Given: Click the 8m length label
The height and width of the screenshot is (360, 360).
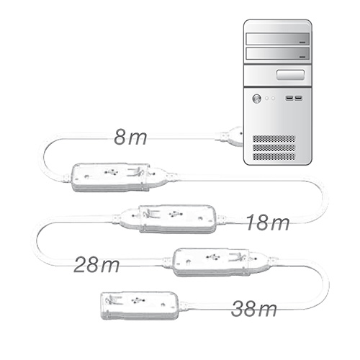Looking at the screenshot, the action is tap(130, 137).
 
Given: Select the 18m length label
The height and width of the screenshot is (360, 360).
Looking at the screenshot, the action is tap(268, 222).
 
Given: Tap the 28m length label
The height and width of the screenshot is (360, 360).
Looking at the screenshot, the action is tap(96, 265).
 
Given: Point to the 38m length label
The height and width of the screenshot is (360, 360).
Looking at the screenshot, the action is tap(253, 308).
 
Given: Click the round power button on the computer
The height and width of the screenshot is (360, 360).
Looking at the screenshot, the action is tap(257, 99).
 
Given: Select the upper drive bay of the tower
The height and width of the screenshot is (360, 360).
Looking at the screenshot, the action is tap(278, 39).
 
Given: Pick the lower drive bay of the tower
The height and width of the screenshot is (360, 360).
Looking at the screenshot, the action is tap(278, 53).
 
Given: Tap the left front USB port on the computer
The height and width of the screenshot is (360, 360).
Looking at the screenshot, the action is tap(289, 98).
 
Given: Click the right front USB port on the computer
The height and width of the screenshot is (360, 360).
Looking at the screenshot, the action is tap(298, 98).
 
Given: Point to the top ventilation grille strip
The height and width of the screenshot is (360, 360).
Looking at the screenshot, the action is tap(274, 139).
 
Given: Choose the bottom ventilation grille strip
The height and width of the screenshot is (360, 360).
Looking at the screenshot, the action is tap(274, 156).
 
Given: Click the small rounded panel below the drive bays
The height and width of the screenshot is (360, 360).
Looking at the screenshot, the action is tap(290, 75).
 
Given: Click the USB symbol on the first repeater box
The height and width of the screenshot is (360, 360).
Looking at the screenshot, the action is tap(111, 172).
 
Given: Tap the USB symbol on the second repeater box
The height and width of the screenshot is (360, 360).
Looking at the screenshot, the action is tap(176, 215).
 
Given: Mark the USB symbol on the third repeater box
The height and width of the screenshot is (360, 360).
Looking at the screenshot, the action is tap(213, 257).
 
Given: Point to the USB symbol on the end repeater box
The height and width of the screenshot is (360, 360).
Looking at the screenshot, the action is tap(137, 300).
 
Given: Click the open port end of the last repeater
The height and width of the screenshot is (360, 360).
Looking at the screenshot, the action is tap(105, 306).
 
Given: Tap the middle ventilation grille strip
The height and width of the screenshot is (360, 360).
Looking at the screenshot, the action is tap(274, 148).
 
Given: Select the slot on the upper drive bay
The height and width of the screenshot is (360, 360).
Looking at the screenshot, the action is tap(303, 42).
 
